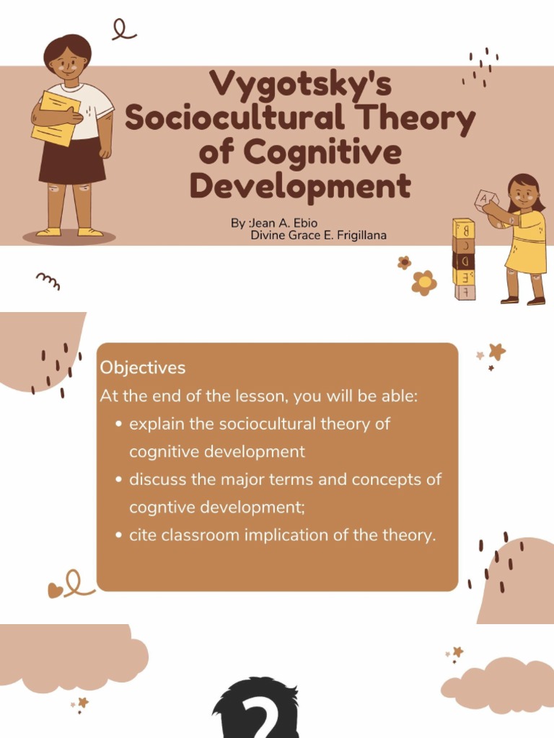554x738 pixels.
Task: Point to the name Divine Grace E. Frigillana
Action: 318,236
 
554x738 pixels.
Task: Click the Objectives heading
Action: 143,368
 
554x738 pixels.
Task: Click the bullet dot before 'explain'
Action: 119,424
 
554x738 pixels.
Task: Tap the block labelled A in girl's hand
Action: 485,198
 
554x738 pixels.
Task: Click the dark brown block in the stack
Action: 463,260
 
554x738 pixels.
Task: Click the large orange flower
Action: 424,283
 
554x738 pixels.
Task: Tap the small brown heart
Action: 55,590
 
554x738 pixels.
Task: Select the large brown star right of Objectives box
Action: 497,351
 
